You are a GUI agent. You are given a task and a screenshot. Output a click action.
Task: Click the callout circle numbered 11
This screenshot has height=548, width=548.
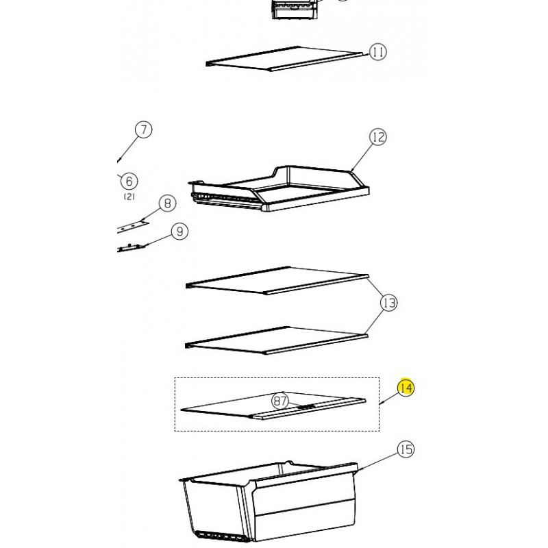click(378, 52)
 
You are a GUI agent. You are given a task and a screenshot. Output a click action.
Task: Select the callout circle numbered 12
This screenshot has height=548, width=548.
click(378, 137)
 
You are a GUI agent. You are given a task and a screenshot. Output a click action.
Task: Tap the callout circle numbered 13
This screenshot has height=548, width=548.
click(389, 303)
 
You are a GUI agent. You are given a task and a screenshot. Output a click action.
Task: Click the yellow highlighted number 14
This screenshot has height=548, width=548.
click(406, 388)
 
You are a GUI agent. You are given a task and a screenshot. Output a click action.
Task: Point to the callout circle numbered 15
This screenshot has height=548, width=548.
click(406, 449)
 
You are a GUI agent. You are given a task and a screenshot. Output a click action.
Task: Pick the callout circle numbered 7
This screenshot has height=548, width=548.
click(144, 129)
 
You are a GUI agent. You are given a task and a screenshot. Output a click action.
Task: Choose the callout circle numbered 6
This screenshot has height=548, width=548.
click(129, 181)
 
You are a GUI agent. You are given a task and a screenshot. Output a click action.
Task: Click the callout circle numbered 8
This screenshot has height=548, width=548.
click(167, 203)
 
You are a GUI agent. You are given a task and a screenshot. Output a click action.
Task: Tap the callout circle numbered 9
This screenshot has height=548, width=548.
click(179, 232)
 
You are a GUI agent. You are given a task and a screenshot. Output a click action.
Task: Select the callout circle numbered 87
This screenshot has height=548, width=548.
click(280, 401)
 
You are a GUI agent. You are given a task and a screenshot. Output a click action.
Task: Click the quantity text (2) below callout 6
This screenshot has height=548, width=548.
click(129, 197)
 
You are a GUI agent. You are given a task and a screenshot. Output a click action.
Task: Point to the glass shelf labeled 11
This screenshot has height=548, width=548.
click(287, 59)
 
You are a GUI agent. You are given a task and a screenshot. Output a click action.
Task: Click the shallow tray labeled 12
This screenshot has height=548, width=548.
click(279, 189)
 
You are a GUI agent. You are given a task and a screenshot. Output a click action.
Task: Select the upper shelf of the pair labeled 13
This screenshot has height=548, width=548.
click(277, 281)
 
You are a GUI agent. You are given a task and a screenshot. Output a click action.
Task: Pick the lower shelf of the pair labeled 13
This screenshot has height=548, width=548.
click(276, 340)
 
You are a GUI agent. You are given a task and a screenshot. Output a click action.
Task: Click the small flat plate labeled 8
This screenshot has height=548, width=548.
click(132, 227)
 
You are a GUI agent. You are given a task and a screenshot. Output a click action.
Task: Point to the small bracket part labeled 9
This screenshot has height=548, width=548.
click(131, 247)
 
